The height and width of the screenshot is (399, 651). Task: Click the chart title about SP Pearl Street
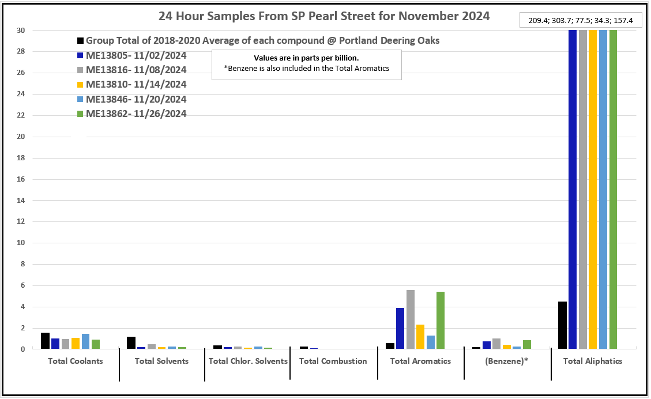[x=324, y=16]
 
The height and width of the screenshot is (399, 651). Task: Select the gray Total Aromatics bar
[x=411, y=319]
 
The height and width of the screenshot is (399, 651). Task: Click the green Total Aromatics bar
[x=441, y=321]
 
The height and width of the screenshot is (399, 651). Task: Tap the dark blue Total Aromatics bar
[x=400, y=328]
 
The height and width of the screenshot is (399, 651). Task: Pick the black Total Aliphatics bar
[x=562, y=325]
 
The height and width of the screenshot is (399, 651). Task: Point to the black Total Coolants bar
[x=45, y=341]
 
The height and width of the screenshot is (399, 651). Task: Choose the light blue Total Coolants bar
[x=85, y=341]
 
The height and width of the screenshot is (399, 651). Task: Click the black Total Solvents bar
[x=131, y=343]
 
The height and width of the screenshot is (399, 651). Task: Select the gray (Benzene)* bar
[x=496, y=344]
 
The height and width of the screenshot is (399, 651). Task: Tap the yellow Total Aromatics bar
[x=420, y=337]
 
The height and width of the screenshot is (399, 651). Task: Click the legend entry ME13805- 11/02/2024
[x=136, y=56]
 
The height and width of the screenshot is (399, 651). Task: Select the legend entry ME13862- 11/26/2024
[x=136, y=114]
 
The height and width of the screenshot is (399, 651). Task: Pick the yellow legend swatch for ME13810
[x=81, y=85]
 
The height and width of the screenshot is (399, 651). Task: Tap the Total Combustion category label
[x=333, y=361]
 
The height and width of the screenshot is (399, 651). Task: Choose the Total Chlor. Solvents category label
[x=248, y=361]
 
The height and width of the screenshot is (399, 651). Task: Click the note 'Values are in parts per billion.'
[x=306, y=58]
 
